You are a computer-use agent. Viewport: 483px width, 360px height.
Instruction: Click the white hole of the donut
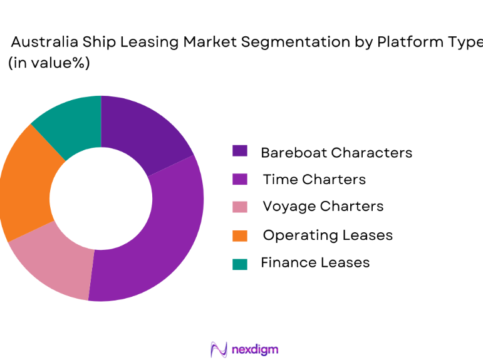tap(101, 198)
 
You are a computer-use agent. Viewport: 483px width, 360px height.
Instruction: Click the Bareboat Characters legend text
tap(336, 152)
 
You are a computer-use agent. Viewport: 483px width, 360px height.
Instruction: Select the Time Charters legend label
tap(314, 180)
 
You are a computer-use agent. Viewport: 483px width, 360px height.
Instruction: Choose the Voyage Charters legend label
tap(323, 207)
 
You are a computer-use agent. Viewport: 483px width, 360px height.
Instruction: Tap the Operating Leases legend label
tap(327, 235)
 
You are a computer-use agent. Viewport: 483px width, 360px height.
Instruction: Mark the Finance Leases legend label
tap(315, 262)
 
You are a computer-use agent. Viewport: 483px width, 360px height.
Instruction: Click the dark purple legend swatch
tap(240, 151)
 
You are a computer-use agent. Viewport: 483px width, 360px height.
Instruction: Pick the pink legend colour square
tap(240, 207)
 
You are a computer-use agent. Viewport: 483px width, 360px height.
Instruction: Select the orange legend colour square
tap(240, 235)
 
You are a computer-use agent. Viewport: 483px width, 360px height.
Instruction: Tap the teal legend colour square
tap(240, 264)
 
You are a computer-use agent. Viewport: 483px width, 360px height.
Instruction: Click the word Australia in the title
tap(43, 43)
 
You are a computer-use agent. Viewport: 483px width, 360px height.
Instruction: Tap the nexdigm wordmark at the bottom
tap(254, 349)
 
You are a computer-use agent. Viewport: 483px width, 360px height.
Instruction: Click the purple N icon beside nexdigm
tap(218, 349)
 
